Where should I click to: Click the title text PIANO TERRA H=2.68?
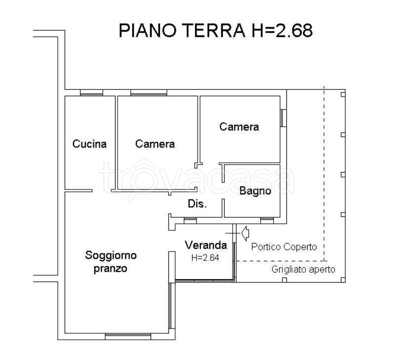[x=215, y=31]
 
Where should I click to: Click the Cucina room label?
[x=89, y=144]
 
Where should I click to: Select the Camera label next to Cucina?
[x=155, y=144]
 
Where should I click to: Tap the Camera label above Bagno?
[x=239, y=127]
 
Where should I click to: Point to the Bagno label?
[x=255, y=191]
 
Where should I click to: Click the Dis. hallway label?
[x=197, y=204]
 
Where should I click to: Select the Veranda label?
[x=206, y=245]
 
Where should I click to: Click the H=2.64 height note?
[x=205, y=256]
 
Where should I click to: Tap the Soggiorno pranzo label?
[x=111, y=262]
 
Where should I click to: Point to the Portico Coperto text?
[x=284, y=247]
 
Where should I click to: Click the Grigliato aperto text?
[x=303, y=269]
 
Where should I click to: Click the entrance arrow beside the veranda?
[x=245, y=231]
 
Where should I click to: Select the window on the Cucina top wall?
[x=91, y=93]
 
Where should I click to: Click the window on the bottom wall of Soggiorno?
[x=128, y=337]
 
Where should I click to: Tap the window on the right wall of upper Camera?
[x=283, y=118]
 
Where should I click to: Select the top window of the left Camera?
[x=149, y=93]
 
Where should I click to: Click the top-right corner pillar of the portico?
[x=343, y=93]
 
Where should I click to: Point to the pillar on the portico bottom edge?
[x=284, y=280]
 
